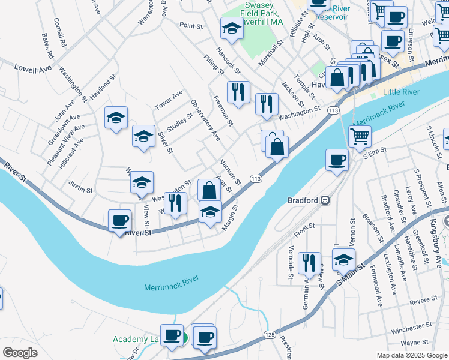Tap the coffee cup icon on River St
(120, 220)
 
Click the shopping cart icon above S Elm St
(360, 136)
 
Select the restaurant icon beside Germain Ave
(310, 262)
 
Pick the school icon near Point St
(231, 27)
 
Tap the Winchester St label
(412, 331)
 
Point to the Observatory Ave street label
(205, 121)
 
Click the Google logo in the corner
(20, 353)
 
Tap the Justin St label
(80, 186)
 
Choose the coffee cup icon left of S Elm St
(337, 160)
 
